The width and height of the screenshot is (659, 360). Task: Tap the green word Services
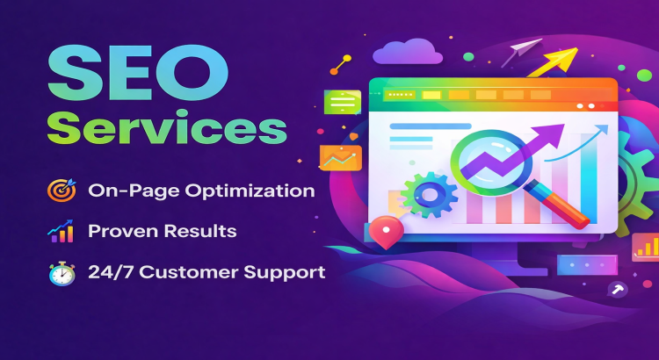pos(167,129)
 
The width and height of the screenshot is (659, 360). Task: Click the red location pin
pos(387,233)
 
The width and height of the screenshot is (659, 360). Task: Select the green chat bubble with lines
pos(342,103)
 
